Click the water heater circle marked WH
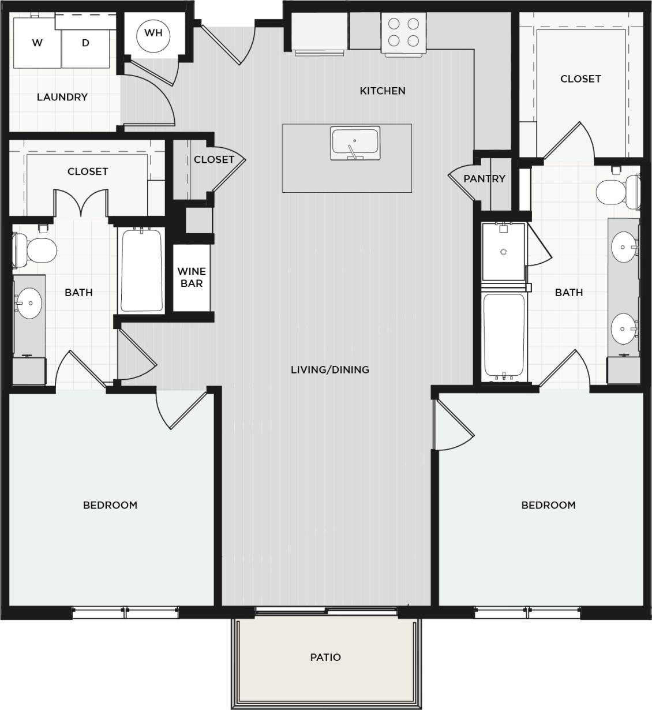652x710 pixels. coord(153,33)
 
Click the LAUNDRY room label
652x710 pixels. coord(62,97)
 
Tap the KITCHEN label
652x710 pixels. coord(383,91)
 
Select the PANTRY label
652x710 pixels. coord(484,179)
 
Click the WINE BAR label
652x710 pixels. coord(192,277)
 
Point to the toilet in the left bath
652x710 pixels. coord(36,251)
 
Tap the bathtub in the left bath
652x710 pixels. coord(141,270)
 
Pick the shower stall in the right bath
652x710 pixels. coord(504,252)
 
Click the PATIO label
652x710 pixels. coord(325,657)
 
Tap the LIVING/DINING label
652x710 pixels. coord(330,369)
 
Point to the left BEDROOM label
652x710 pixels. coord(110,505)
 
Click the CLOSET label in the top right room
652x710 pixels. coord(580,79)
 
